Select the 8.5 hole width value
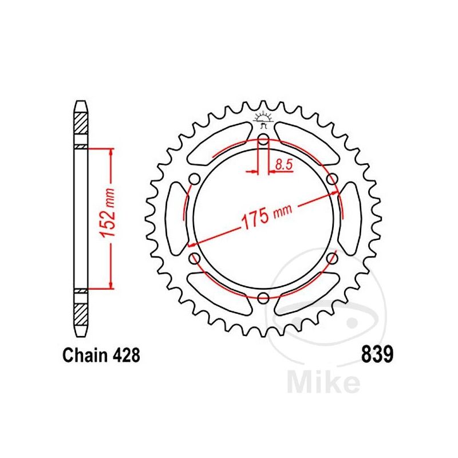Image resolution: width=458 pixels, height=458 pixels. pyautogui.click(x=283, y=165)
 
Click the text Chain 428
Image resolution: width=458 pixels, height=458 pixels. pyautogui.click(x=100, y=356)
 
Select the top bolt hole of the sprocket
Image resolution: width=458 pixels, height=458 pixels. pyautogui.click(x=263, y=139)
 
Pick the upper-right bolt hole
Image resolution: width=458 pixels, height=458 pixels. pyautogui.click(x=332, y=179)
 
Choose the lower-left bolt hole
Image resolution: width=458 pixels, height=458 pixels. pyautogui.click(x=194, y=258)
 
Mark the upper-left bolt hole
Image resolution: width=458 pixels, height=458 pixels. pyautogui.click(x=194, y=179)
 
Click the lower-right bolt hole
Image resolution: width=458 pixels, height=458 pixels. pyautogui.click(x=332, y=258)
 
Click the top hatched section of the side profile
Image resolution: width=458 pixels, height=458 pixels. pyautogui.click(x=81, y=123)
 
